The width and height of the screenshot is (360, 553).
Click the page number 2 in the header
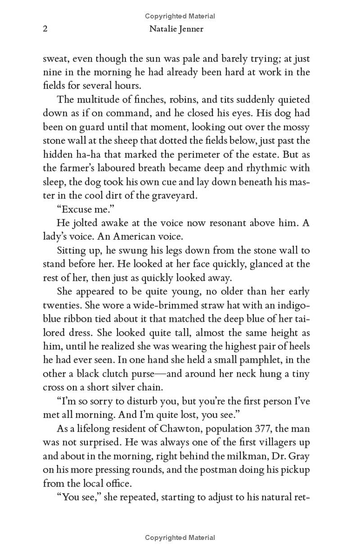45,30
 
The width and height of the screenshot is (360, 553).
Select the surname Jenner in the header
196,30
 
